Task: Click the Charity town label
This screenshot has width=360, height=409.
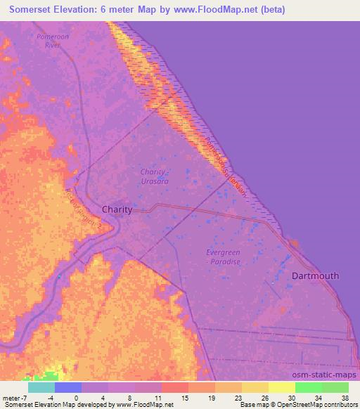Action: coord(117,209)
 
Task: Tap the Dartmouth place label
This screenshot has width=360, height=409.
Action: coord(315,276)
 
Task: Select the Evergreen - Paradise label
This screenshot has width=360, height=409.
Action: coord(224,257)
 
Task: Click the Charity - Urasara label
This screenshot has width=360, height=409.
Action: coord(153,176)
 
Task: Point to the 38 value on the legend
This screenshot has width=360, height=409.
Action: coord(344,397)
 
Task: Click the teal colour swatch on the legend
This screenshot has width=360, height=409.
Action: coord(41,387)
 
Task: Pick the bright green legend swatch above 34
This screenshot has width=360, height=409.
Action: coord(309,387)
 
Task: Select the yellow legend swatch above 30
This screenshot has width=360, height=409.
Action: coord(282,387)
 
